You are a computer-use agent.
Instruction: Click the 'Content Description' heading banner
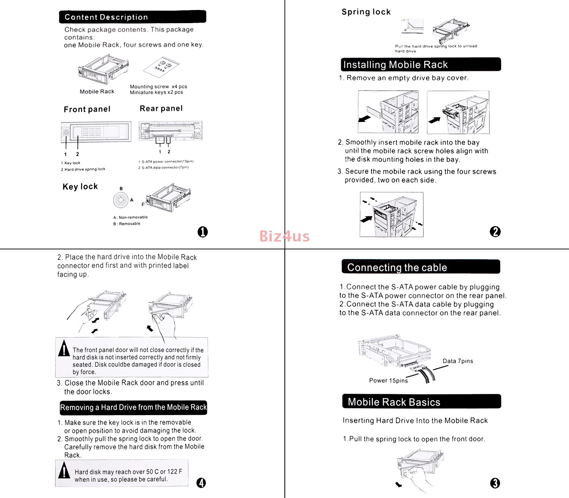pyautogui.click(x=132, y=17)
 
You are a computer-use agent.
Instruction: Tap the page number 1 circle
pyautogui.click(x=202, y=232)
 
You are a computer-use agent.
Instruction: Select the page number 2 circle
pyautogui.click(x=495, y=232)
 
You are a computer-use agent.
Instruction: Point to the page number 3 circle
pyautogui.click(x=495, y=483)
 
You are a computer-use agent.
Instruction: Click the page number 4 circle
pyautogui.click(x=201, y=483)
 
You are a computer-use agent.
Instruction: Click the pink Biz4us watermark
pyautogui.click(x=284, y=236)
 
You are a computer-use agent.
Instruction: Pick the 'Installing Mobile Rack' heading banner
pyautogui.click(x=420, y=64)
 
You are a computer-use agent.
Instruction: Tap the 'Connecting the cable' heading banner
pyautogui.click(x=420, y=267)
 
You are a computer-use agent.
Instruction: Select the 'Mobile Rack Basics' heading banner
pyautogui.click(x=421, y=402)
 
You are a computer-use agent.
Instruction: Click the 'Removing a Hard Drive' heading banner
pyautogui.click(x=133, y=407)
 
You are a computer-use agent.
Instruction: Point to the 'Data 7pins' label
pyautogui.click(x=458, y=361)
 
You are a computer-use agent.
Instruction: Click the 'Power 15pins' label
pyautogui.click(x=388, y=381)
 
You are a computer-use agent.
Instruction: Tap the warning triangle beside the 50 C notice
pyautogui.click(x=64, y=471)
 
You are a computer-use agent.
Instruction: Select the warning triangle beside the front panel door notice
pyautogui.click(x=64, y=349)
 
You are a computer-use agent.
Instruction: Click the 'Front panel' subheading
pyautogui.click(x=87, y=109)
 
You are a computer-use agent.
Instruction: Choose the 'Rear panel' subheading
pyautogui.click(x=161, y=108)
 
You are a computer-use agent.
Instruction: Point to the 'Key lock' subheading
pyautogui.click(x=80, y=187)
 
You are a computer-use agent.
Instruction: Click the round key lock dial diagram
pyautogui.click(x=121, y=200)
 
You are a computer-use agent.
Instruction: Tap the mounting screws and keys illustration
pyautogui.click(x=161, y=67)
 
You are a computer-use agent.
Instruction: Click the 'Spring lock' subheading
pyautogui.click(x=366, y=12)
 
